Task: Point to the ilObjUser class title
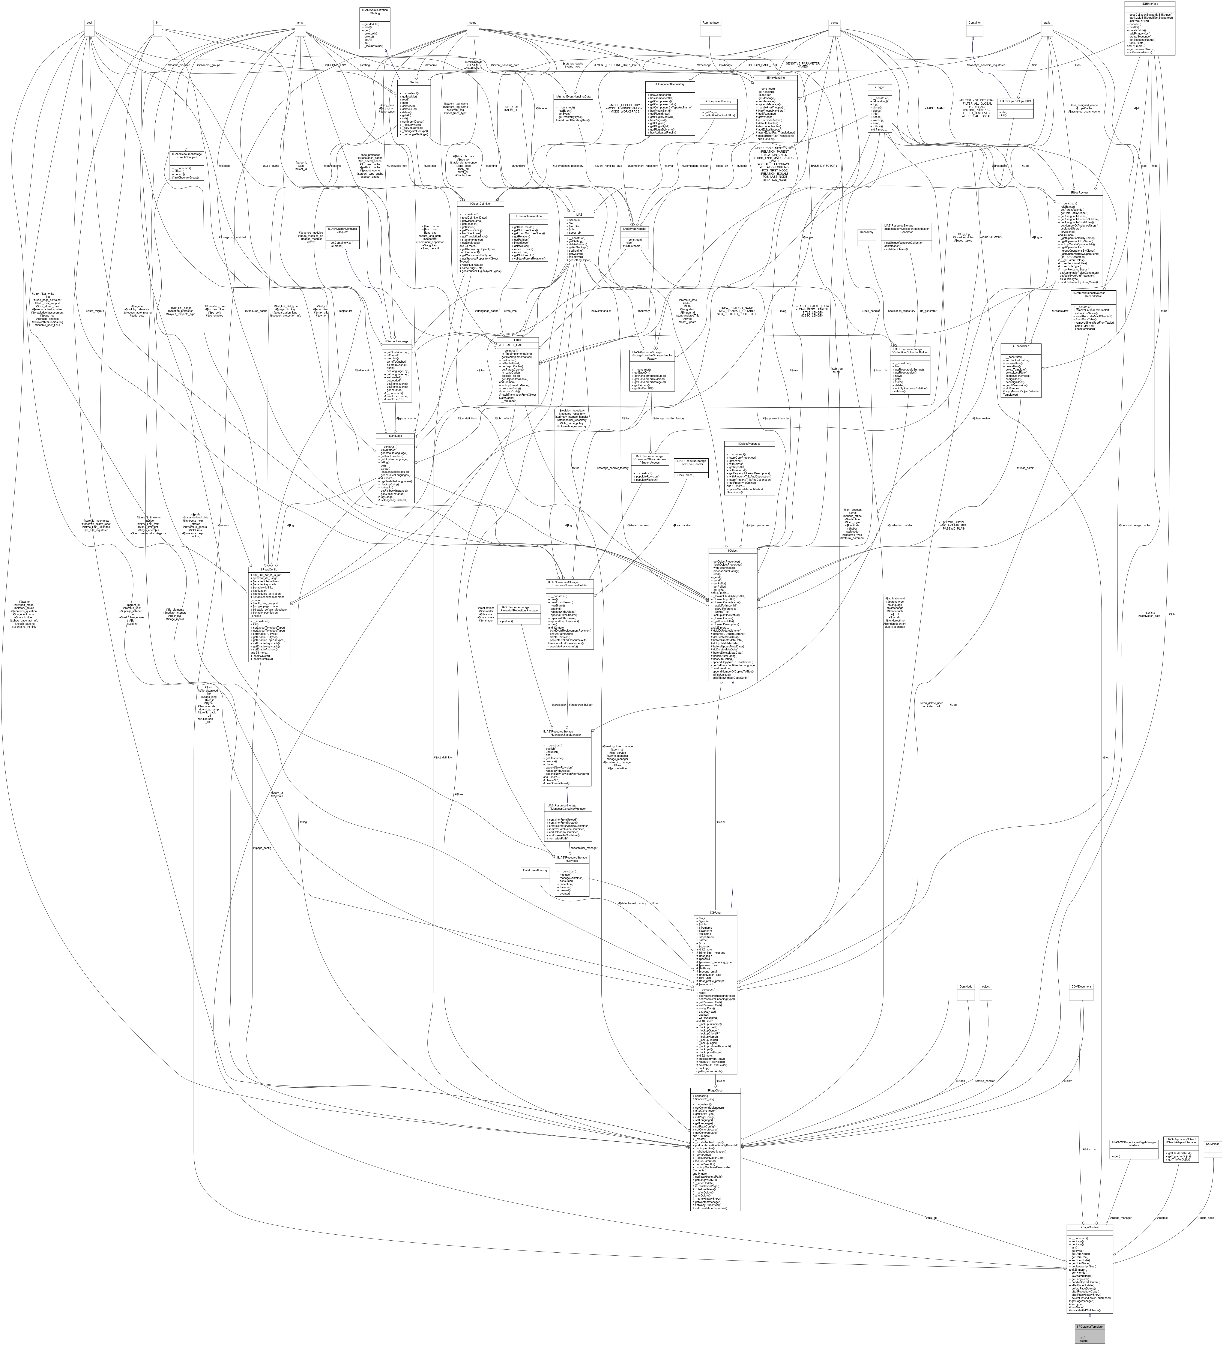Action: click(x=715, y=913)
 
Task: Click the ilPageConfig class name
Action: click(x=269, y=569)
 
